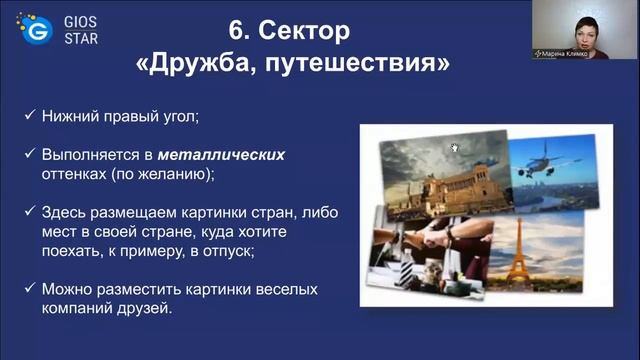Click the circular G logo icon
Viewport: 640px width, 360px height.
pos(39,31)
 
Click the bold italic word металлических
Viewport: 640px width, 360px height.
pos(237,155)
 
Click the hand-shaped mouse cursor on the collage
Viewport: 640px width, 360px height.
pos(454,148)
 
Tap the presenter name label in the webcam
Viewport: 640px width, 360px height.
pos(561,53)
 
